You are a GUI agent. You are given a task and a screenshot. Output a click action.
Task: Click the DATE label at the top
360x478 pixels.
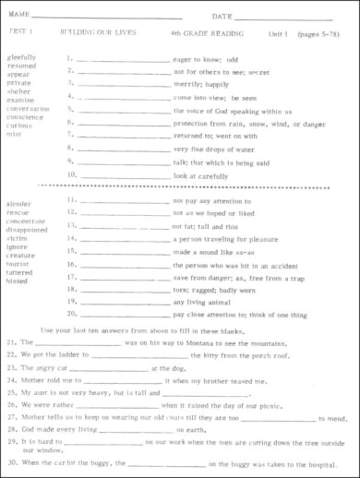point(221,17)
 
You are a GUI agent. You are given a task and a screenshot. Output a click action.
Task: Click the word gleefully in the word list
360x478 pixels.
point(22,56)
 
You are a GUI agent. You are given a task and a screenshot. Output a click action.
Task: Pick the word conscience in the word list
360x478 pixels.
point(25,117)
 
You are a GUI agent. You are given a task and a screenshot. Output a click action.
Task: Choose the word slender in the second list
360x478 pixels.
point(18,203)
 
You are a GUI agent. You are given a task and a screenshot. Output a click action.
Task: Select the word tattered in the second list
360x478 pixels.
point(20,273)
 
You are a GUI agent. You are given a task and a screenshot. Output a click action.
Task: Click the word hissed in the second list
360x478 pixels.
point(18,282)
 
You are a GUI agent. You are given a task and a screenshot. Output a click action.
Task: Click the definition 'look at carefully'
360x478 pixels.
point(202,173)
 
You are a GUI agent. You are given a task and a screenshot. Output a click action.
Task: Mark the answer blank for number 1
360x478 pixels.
point(124,58)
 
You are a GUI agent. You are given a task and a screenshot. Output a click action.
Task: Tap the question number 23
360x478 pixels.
point(11,367)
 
